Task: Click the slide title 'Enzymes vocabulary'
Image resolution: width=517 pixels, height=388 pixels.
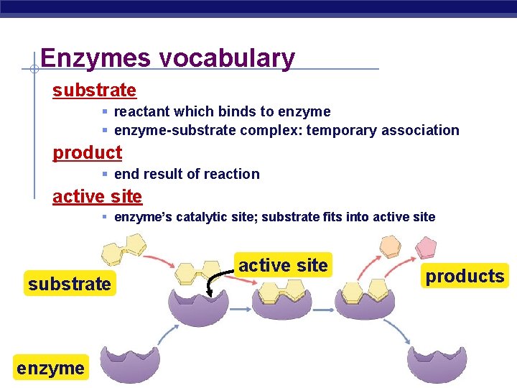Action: (x=167, y=58)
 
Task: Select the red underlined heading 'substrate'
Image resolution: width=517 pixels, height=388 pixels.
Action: (x=94, y=91)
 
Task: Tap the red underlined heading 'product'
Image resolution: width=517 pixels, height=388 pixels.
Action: (x=87, y=152)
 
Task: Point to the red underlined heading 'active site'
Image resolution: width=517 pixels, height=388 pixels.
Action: (x=97, y=196)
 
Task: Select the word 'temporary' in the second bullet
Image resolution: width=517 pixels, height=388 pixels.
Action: (x=340, y=130)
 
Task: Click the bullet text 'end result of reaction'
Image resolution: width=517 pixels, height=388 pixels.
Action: (x=187, y=174)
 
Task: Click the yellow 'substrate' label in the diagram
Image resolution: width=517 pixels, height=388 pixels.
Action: (x=70, y=284)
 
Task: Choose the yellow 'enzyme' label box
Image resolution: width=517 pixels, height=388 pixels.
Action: (x=50, y=368)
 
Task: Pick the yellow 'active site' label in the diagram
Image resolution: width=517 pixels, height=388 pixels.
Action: (x=283, y=265)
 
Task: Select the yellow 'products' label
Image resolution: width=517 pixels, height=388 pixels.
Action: (x=465, y=276)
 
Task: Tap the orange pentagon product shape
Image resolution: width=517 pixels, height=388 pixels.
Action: (x=390, y=246)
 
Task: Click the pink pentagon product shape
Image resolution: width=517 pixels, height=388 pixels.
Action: (x=427, y=248)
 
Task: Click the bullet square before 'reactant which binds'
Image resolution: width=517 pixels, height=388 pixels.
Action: (x=104, y=112)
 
